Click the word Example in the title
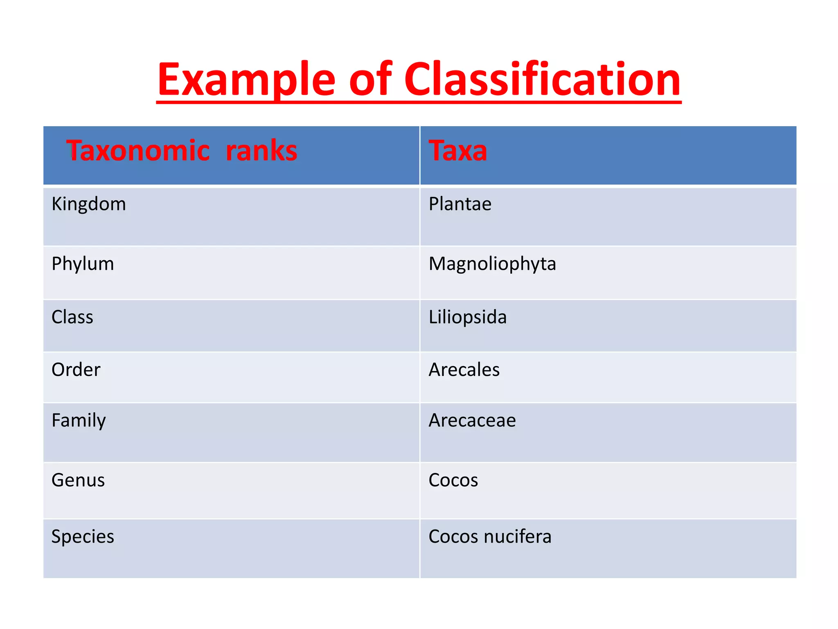pos(246,80)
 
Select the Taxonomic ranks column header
pos(182,151)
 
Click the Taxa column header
pos(458,151)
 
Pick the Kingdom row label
pos(89,204)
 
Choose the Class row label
pos(72,317)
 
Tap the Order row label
pos(76,370)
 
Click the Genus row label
pos(78,480)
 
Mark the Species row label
pos(83,537)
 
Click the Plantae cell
pos(460,204)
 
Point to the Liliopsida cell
pos(468,317)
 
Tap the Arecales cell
pos(464,370)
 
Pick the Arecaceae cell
pos(472,421)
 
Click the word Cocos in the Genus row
pos(453,480)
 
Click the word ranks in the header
pos(261,151)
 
